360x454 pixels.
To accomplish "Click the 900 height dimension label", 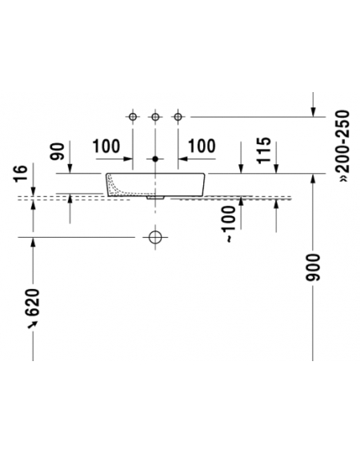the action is coord(313,267).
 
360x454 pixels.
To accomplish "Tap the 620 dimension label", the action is coord(32,303).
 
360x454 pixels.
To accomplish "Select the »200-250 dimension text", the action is coord(344,146).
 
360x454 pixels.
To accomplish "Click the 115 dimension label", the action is coord(264,151).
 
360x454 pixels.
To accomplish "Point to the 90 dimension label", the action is coord(57,151).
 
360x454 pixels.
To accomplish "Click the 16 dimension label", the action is coord(21,174).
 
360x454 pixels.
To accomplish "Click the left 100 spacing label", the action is coord(106,147).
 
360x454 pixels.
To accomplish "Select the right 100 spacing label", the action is coord(202,147).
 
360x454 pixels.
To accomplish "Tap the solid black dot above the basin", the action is coord(155,159).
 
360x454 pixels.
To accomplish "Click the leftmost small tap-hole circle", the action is coord(133,117).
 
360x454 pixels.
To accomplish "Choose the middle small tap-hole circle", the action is coord(155,117).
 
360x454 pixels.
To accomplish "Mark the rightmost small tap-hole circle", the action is coord(178,117).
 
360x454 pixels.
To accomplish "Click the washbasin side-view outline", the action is coord(205,185).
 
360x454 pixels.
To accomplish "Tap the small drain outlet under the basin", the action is coord(155,198).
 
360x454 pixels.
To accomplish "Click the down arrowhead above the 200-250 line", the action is coord(313,112).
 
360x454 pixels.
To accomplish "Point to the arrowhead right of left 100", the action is coord(128,159).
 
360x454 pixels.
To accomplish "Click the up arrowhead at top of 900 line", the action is coord(313,179).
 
